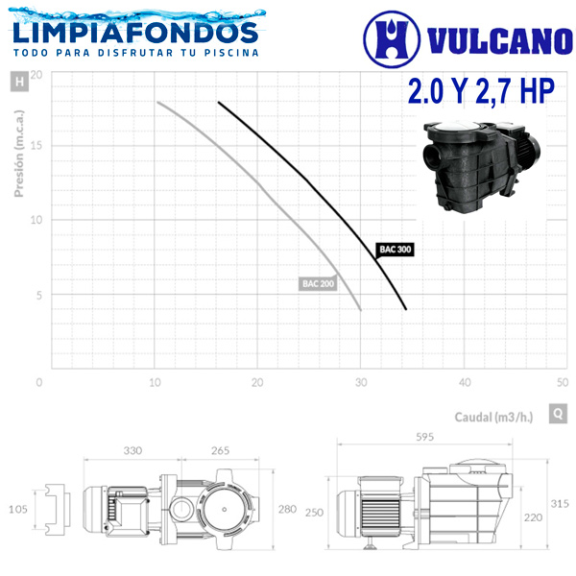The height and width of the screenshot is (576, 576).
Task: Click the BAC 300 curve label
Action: (x=395, y=250)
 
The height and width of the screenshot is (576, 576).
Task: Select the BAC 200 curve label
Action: (x=318, y=283)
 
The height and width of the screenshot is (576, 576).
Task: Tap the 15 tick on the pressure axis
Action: (x=36, y=145)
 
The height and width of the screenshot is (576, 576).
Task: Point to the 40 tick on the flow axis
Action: (x=465, y=382)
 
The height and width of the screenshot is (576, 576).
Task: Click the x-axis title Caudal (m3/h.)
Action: (x=493, y=417)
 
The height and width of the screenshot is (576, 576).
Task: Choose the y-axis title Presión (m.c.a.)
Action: (x=19, y=154)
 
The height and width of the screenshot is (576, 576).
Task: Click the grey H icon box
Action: (x=19, y=82)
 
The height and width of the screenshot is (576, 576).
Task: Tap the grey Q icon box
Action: (x=558, y=414)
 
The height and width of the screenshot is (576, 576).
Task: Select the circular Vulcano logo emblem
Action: (x=392, y=39)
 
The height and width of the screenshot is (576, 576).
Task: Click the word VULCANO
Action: (x=500, y=40)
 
